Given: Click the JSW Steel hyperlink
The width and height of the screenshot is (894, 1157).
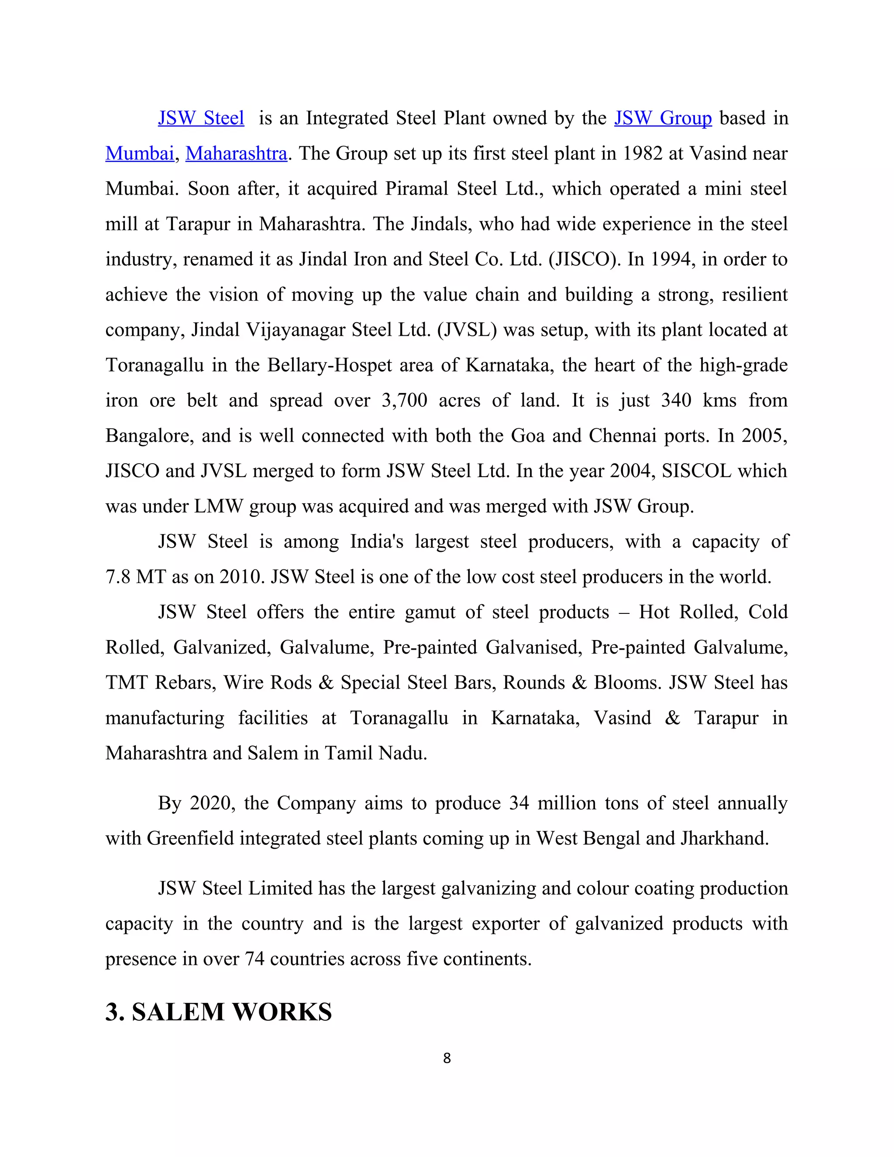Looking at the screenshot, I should point(201,118).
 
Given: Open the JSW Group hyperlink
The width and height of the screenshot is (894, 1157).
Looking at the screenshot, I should point(663,118).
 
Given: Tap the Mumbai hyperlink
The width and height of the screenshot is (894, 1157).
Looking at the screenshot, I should point(140,154).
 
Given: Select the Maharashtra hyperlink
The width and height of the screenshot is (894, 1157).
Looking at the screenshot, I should point(236,154).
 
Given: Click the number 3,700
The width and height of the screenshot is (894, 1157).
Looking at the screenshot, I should point(404,400).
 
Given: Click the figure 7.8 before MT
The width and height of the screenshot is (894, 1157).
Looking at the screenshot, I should point(117,577).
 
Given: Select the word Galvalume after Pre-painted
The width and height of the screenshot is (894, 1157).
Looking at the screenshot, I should point(741,647).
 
